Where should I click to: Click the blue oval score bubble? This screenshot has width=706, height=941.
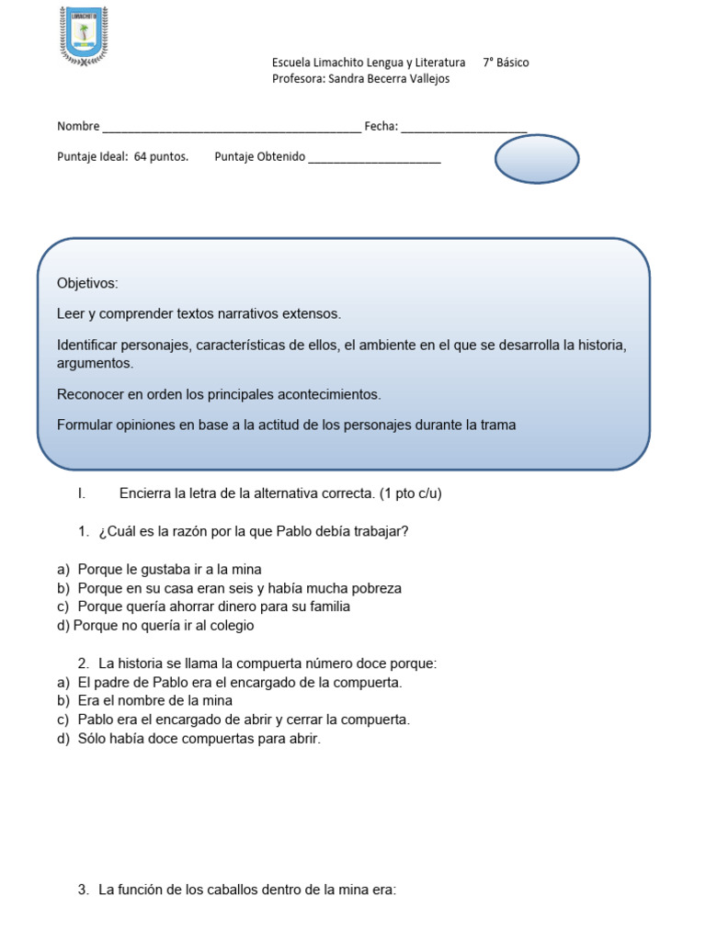pos(537,159)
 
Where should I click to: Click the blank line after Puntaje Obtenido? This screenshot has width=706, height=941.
pos(374,158)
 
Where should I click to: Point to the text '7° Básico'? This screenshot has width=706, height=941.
pos(506,62)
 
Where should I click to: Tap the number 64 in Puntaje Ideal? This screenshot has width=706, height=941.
pos(140,157)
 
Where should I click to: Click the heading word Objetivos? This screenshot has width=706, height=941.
pos(87,283)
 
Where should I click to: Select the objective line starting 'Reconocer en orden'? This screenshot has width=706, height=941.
pos(219,394)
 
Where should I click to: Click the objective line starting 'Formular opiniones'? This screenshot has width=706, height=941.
pos(286,425)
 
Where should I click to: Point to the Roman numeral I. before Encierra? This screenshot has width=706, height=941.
pos(82,493)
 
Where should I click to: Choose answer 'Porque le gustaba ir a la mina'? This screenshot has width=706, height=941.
pos(170,570)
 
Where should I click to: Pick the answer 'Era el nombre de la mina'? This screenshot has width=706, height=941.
pos(154,701)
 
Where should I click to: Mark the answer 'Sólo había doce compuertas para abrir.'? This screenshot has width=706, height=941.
pos(199,739)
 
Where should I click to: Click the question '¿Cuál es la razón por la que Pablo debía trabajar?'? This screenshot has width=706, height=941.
pos(253,532)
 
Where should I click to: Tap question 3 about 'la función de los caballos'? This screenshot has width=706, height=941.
pos(246,890)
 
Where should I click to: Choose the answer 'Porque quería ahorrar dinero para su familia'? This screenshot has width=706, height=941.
pos(213,607)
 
